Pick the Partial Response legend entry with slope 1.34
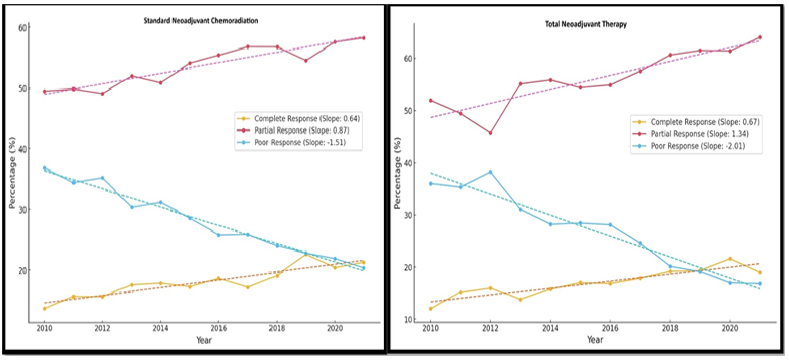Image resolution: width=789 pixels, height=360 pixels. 696,134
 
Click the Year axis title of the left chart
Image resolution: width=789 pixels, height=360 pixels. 204,340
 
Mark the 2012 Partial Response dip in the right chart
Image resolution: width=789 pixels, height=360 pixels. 490,133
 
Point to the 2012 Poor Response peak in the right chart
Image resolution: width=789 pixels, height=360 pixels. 490,172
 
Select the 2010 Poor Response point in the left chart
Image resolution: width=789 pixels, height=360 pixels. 44,168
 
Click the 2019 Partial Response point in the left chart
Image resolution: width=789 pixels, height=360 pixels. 305,61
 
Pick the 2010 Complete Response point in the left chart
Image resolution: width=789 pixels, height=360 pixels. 44,308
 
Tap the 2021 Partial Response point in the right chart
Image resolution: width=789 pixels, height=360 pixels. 759,37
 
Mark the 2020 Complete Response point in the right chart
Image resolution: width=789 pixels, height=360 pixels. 730,259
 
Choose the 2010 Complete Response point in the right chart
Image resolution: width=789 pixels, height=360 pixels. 431,309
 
